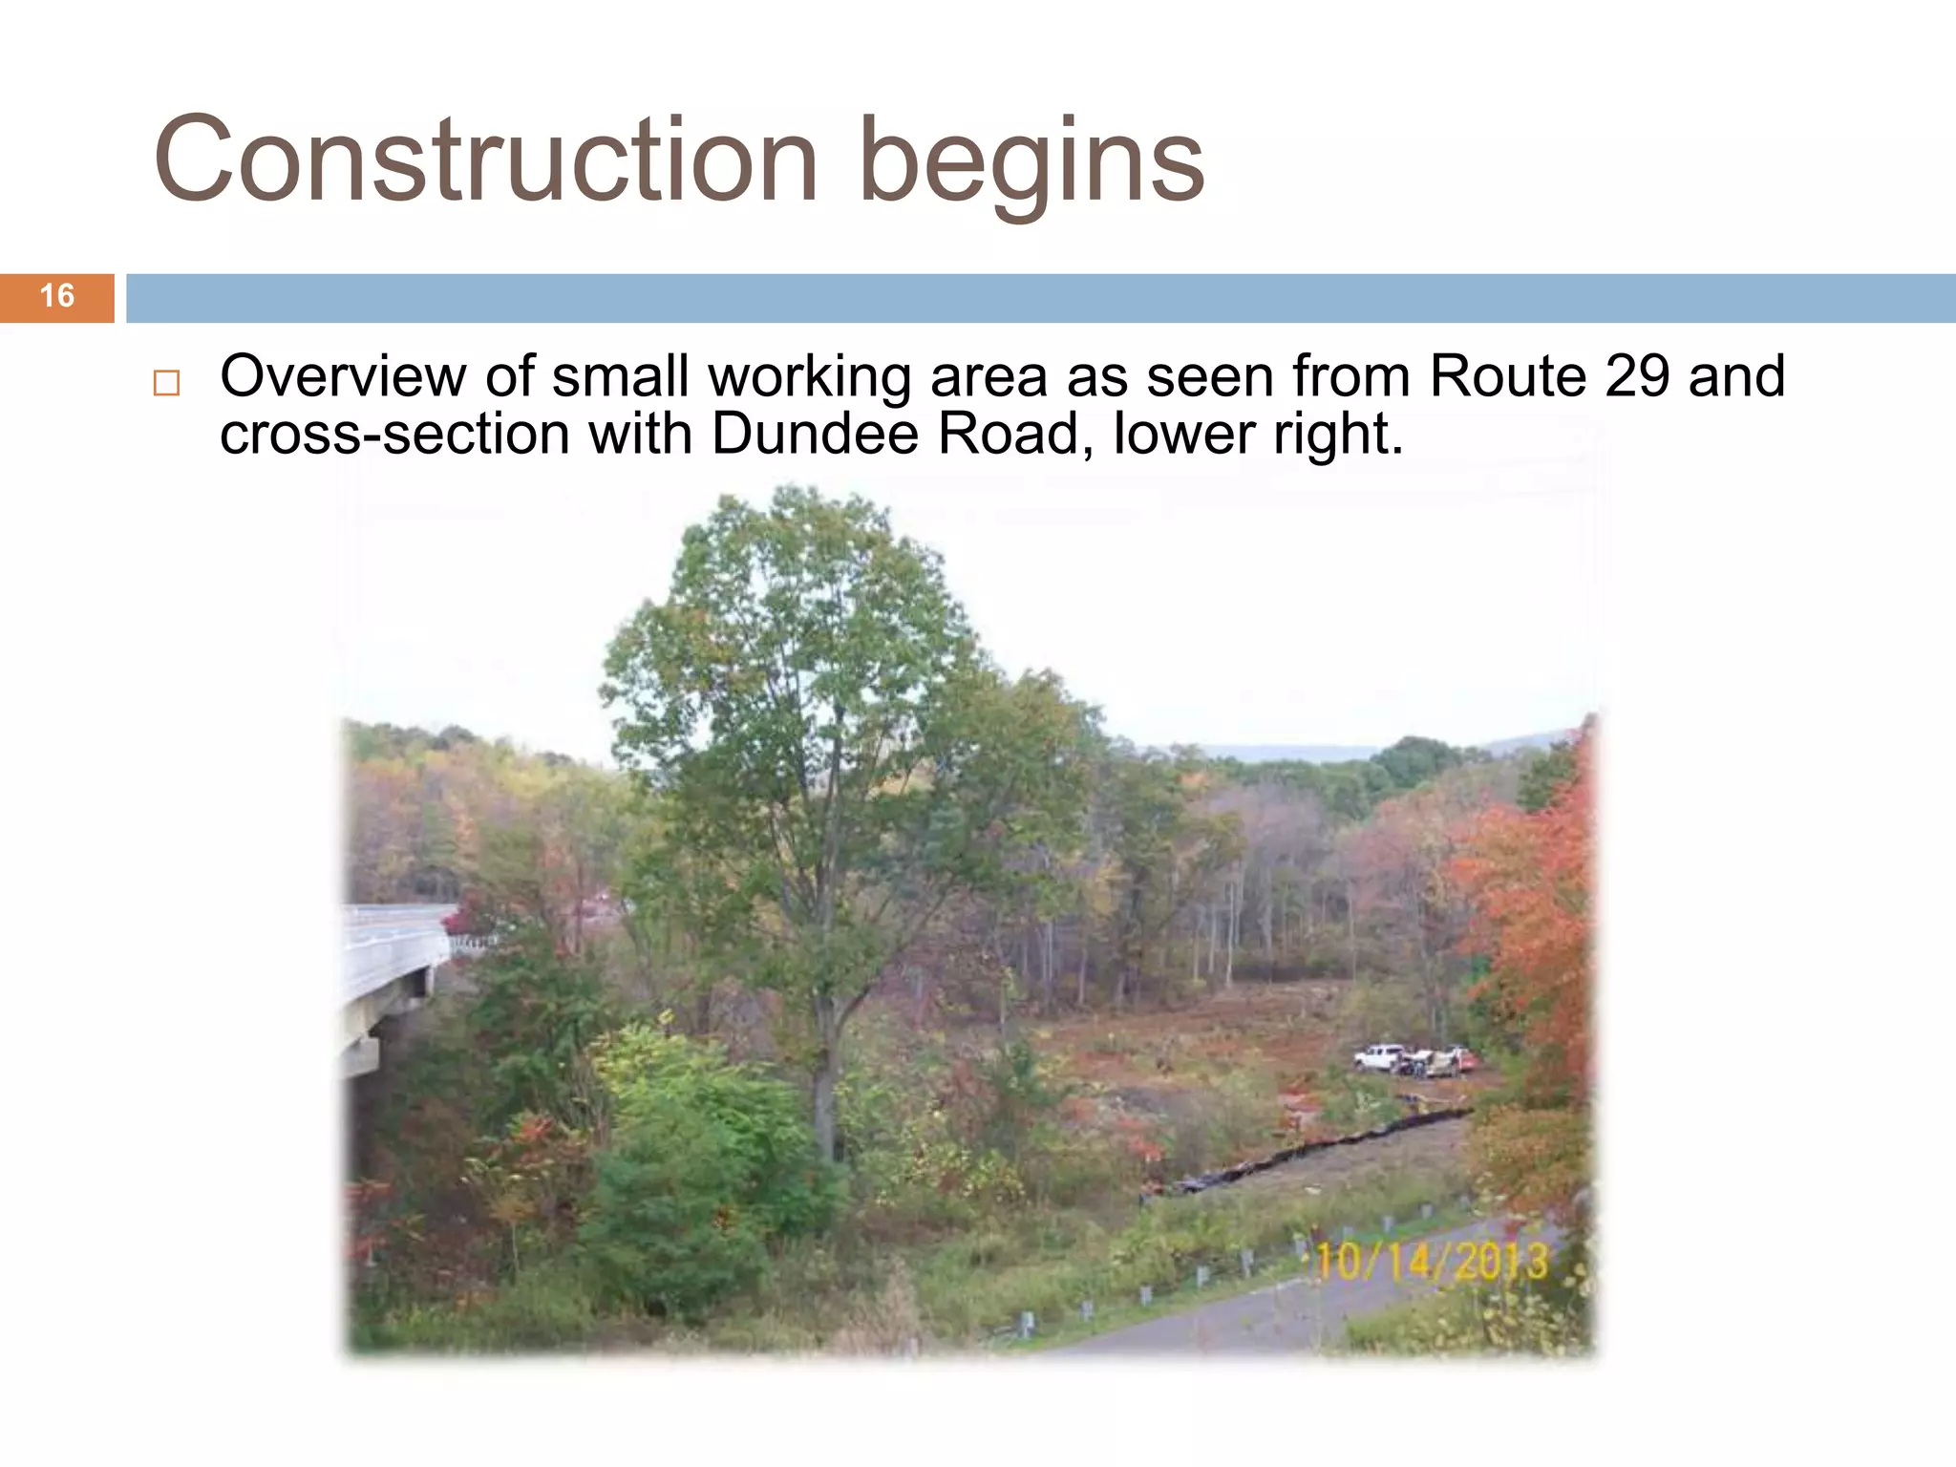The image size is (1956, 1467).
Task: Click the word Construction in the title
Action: point(485,159)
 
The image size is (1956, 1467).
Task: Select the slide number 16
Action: point(57,296)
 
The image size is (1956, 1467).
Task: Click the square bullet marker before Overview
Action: point(166,384)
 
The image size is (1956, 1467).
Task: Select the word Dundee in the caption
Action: point(815,435)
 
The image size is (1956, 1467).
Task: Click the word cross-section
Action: point(394,435)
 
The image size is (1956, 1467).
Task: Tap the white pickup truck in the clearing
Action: point(1378,1057)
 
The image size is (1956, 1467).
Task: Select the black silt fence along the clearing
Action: point(1318,1146)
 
